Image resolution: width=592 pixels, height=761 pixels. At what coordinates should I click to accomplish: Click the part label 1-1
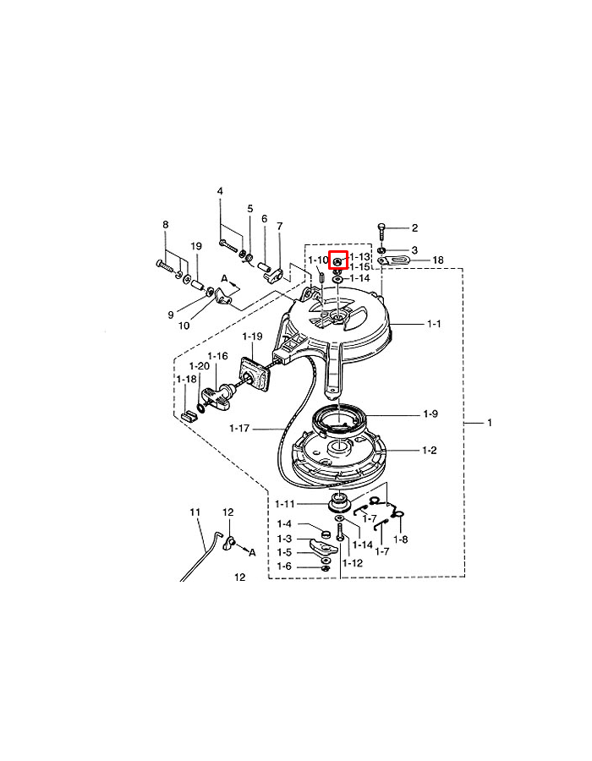pos(434,324)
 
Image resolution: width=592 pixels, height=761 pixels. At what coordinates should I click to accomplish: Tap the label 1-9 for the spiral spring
pos(430,414)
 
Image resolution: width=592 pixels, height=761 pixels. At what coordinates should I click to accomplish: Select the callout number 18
pos(438,260)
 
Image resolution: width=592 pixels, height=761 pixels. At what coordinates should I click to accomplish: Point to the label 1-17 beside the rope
pos(239,429)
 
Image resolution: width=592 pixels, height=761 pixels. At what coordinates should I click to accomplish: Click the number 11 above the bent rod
pos(195,512)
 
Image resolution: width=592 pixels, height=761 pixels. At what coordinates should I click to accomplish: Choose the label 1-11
pos(285,504)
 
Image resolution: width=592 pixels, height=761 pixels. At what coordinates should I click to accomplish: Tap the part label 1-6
pos(284,567)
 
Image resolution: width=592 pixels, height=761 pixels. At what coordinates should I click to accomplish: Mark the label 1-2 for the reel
pos(430,451)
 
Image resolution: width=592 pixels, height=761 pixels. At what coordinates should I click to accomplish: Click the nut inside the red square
pos(338,261)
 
